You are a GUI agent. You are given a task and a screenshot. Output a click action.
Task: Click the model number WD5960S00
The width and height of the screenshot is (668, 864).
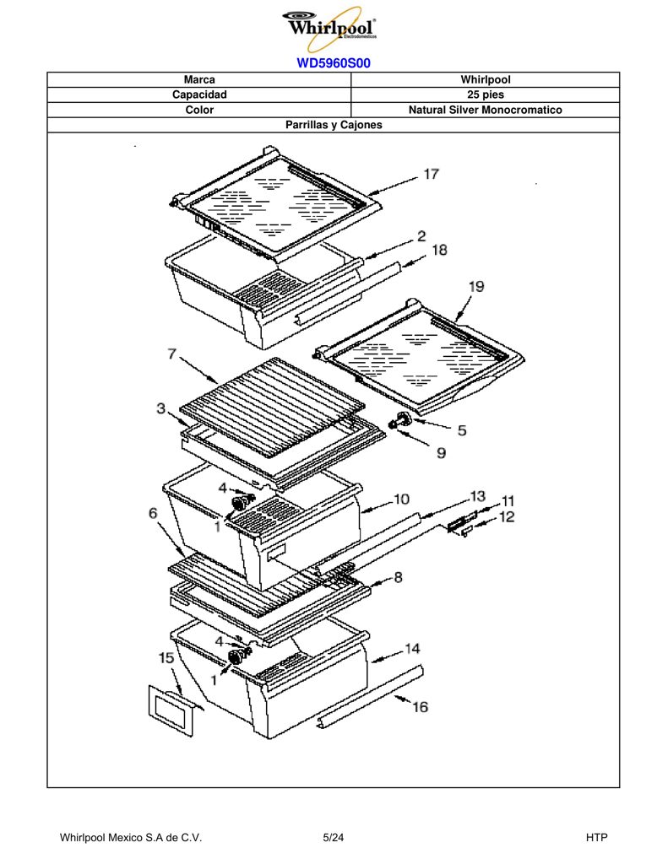(334, 62)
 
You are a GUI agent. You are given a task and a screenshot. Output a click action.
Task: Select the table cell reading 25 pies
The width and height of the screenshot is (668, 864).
(485, 94)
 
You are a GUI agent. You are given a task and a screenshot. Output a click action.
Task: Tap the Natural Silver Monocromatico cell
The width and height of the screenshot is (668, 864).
(485, 110)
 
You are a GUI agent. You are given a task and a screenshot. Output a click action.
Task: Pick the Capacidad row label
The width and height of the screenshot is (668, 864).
(199, 94)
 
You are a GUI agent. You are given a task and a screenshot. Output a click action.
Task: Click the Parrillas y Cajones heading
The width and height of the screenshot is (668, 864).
(334, 125)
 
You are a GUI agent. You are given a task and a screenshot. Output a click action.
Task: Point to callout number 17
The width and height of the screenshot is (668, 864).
(431, 174)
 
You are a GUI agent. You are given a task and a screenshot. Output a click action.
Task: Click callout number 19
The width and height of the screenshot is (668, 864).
(476, 287)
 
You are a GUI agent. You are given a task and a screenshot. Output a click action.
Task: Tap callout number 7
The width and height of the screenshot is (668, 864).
(172, 354)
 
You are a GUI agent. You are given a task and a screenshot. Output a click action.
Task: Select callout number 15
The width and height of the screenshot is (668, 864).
(166, 658)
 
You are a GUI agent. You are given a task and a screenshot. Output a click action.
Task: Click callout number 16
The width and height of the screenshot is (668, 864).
(420, 707)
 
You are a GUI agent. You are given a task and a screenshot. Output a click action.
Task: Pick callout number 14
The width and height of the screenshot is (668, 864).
(412, 649)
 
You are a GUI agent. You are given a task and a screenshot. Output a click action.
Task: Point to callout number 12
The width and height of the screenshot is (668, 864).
(507, 517)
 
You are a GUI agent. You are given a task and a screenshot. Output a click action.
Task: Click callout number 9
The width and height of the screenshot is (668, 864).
(442, 453)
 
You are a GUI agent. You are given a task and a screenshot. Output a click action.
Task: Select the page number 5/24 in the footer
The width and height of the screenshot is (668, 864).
(334, 838)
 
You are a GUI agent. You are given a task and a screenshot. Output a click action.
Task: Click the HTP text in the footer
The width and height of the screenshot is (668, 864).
(596, 838)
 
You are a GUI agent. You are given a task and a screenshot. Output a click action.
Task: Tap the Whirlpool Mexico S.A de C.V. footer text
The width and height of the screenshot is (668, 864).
(131, 838)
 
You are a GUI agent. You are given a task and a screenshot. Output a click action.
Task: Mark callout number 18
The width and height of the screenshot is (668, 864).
(439, 250)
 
